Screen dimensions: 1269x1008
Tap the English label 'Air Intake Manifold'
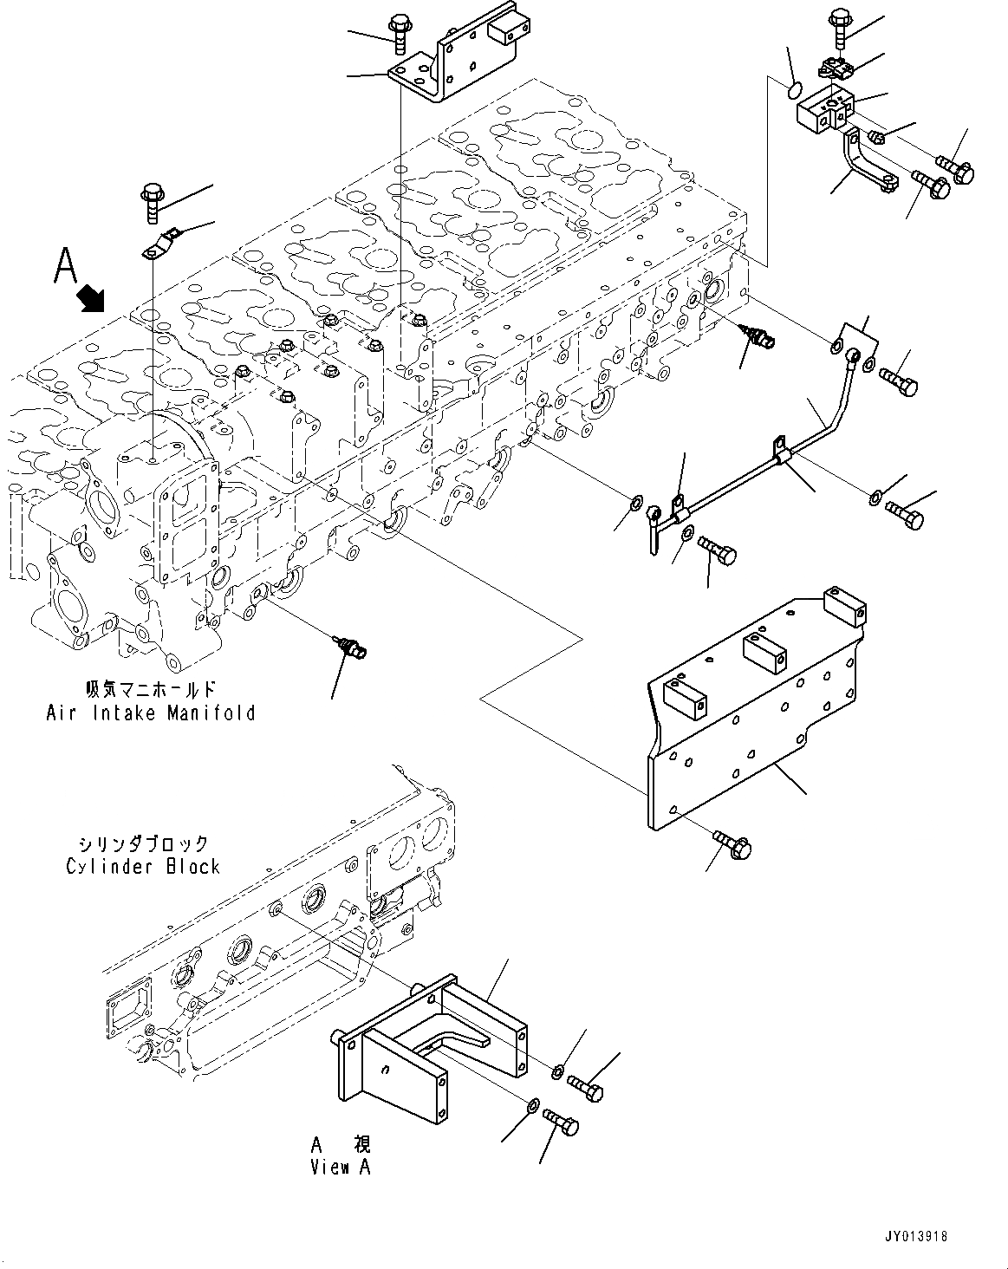[x=150, y=713]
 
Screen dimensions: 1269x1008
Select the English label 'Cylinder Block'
[x=143, y=866]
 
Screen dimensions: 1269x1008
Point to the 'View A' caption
[x=341, y=1167]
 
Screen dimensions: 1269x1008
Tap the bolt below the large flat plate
[x=733, y=845]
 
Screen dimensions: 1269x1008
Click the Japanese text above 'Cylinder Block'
[x=143, y=843]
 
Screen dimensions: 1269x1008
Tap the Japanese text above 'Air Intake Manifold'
[x=150, y=691]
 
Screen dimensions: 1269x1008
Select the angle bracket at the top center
[x=446, y=61]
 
